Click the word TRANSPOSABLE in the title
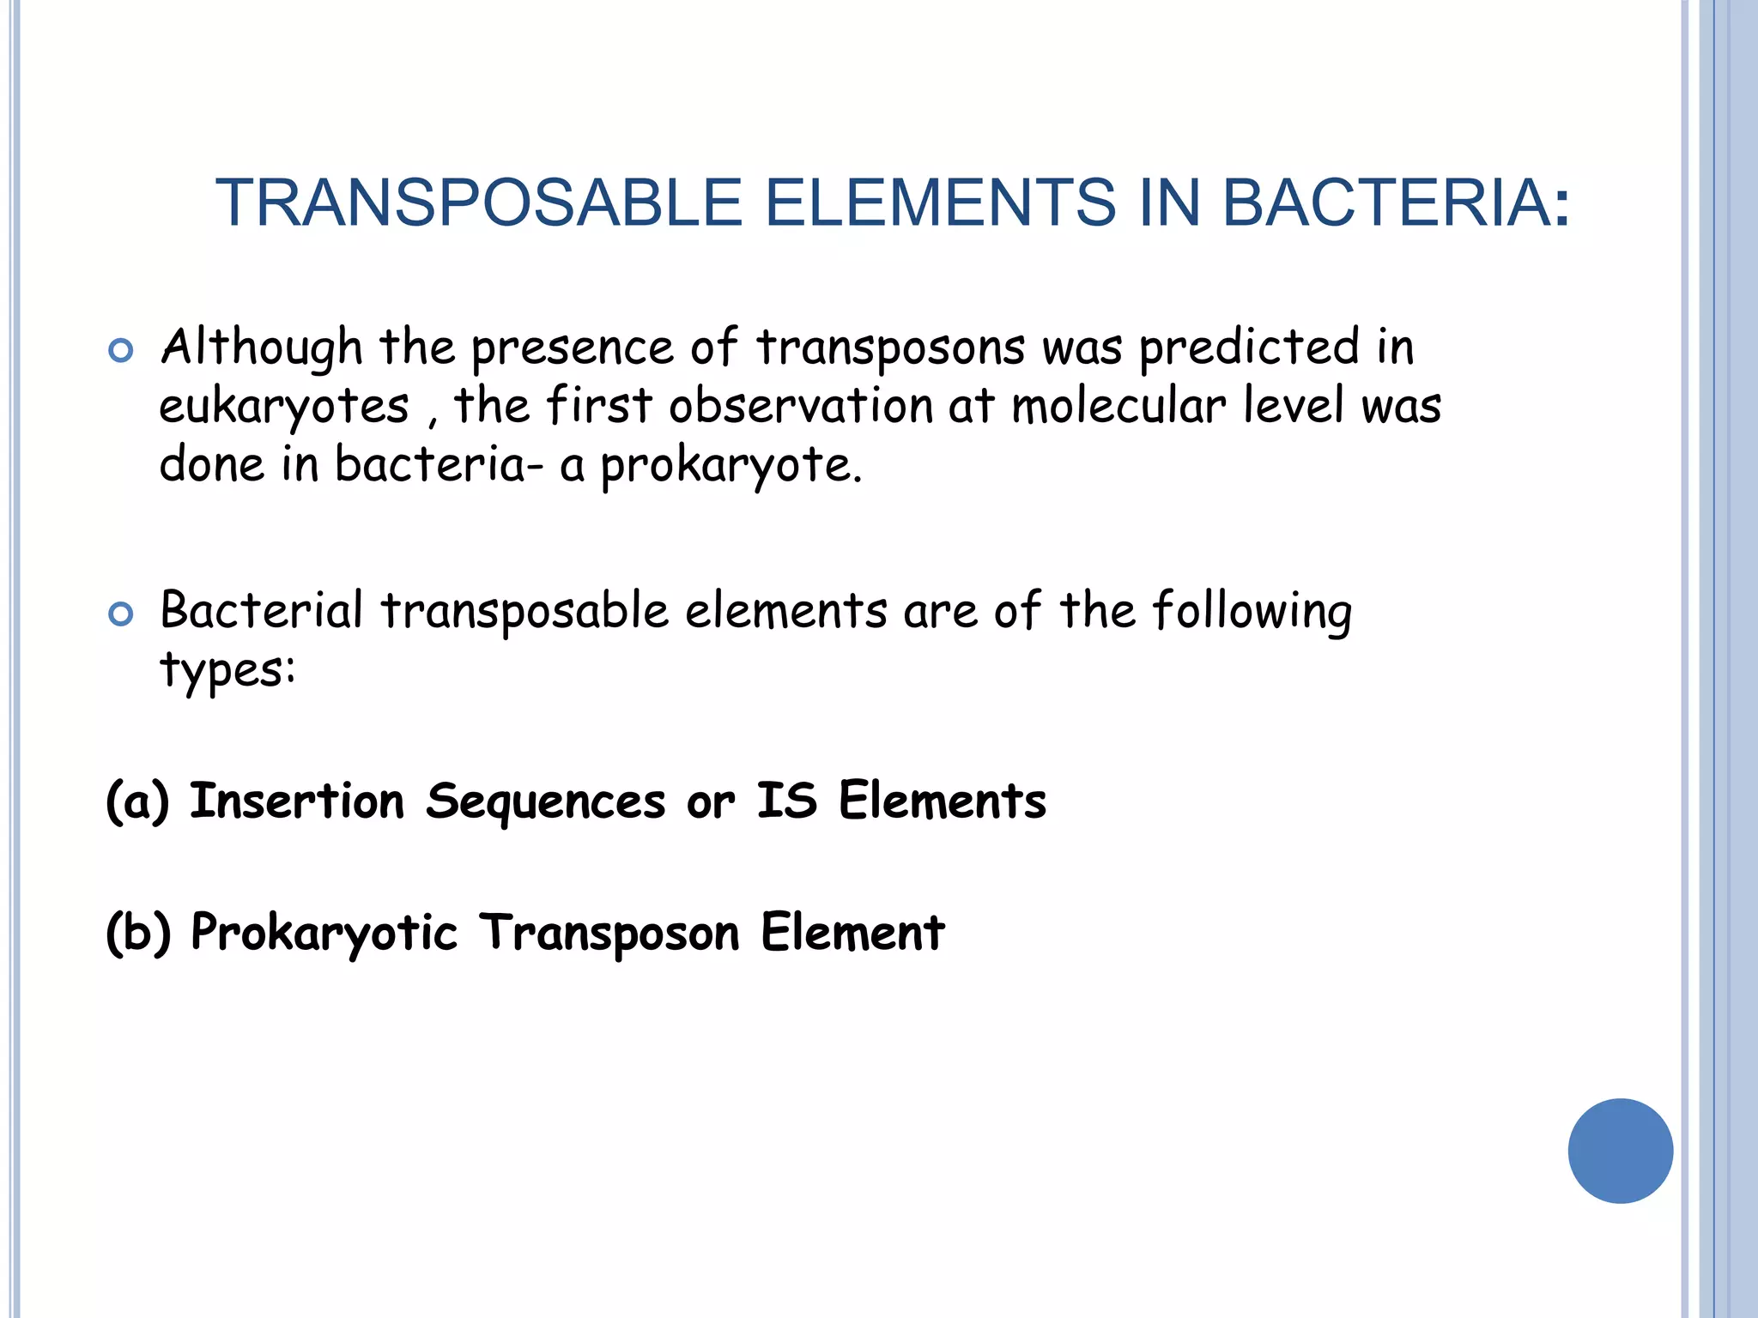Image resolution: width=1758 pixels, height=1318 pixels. (478, 203)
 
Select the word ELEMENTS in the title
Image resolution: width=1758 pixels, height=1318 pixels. (940, 203)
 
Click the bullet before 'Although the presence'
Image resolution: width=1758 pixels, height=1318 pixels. (121, 350)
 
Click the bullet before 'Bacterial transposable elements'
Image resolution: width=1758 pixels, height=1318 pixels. (121, 614)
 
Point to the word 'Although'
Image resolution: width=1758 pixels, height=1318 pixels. (262, 348)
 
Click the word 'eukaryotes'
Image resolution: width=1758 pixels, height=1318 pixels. (284, 407)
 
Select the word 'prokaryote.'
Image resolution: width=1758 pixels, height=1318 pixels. (730, 466)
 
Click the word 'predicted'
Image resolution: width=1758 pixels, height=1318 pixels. (1249, 348)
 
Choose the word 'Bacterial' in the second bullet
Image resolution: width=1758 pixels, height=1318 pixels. (262, 611)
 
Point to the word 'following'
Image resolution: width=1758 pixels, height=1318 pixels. (1252, 613)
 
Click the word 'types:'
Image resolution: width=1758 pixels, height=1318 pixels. (227, 670)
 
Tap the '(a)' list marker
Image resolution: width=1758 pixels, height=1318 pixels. (137, 801)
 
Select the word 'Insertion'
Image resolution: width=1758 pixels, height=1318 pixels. (297, 801)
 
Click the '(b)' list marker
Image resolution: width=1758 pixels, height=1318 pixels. (138, 933)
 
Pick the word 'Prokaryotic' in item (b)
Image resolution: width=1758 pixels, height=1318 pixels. (324, 934)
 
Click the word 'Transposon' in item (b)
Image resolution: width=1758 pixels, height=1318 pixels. (609, 934)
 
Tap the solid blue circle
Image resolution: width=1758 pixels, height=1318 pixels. (1620, 1151)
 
